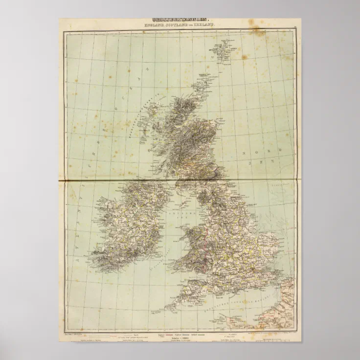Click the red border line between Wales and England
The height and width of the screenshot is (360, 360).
coord(211,245)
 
